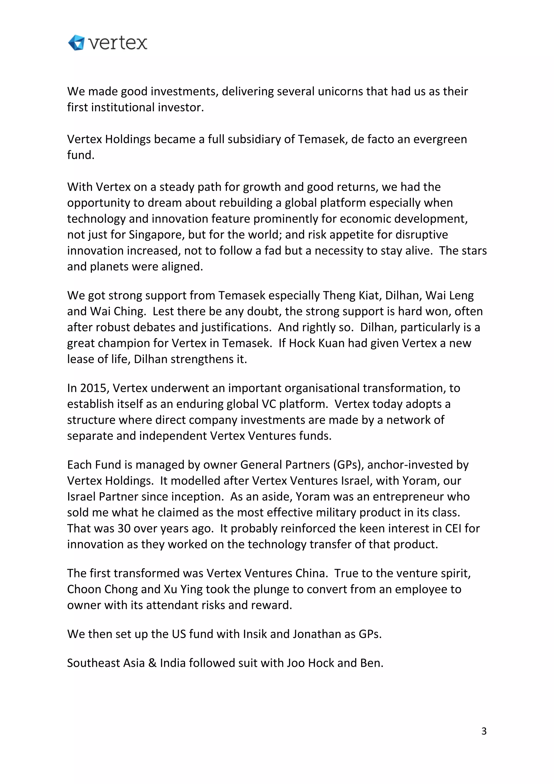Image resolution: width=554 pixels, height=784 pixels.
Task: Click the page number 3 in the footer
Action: [x=484, y=731]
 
